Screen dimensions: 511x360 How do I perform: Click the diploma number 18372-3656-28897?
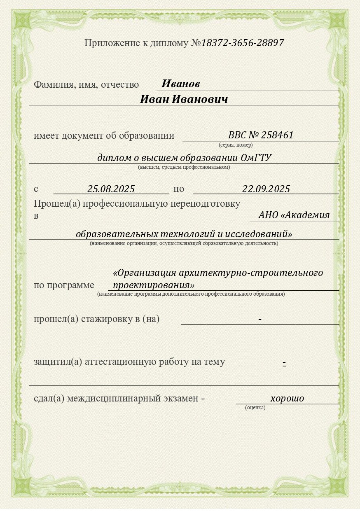(243, 43)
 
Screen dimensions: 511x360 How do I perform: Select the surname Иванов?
(180, 84)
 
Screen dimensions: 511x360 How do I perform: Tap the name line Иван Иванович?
(184, 100)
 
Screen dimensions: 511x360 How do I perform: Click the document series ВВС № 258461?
(261, 135)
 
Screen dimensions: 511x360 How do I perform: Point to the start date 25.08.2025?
(111, 189)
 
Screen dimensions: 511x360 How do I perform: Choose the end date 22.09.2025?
(266, 189)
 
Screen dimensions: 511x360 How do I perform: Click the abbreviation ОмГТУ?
(256, 158)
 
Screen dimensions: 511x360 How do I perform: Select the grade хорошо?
(287, 398)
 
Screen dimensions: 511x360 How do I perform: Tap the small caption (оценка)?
(255, 408)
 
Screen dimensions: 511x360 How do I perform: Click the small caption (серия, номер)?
(236, 145)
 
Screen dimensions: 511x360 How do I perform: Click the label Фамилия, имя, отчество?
(86, 85)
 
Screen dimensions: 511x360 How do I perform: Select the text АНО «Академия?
(294, 215)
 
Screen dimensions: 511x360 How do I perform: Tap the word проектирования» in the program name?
(153, 285)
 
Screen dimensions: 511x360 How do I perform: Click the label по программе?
(64, 285)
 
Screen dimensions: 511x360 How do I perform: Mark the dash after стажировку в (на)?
(260, 319)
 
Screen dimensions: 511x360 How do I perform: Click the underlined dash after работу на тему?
(284, 362)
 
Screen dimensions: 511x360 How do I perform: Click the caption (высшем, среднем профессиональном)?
(184, 167)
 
